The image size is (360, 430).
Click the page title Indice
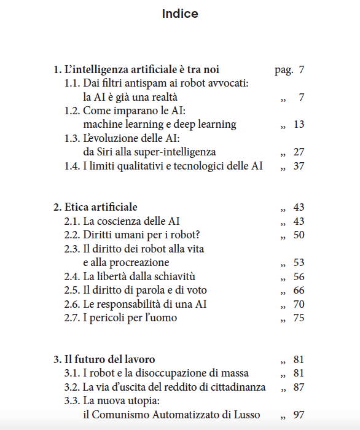(x=180, y=14)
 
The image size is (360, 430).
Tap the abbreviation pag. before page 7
(x=283, y=70)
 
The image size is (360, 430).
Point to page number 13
(x=299, y=124)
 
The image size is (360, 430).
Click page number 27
(x=299, y=152)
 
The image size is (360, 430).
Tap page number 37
(x=299, y=166)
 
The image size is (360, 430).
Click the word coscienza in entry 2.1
(x=122, y=221)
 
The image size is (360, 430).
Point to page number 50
(x=299, y=235)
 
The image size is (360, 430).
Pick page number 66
(x=299, y=291)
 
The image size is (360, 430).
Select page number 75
(x=299, y=318)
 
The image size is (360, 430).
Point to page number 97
(x=299, y=415)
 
